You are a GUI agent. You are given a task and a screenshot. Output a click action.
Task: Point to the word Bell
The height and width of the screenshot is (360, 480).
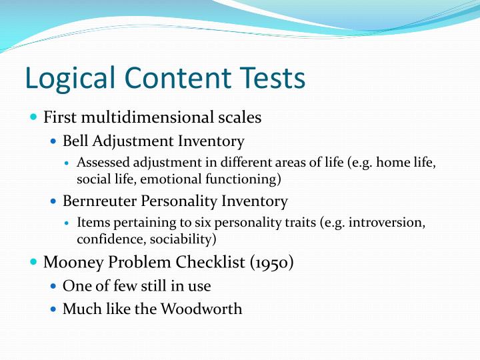[x=75, y=141]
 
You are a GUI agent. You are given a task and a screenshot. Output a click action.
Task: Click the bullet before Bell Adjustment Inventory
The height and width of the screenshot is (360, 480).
[x=55, y=141]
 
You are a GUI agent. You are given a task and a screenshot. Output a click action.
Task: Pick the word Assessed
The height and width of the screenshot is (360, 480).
[x=101, y=163]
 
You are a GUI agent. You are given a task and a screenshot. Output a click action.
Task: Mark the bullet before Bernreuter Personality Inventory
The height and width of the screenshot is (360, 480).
[x=55, y=201]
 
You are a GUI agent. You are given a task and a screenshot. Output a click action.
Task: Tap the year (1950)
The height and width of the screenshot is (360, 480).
[x=272, y=262]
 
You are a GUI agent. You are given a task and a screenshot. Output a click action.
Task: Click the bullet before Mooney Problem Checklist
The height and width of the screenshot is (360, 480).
[x=35, y=262]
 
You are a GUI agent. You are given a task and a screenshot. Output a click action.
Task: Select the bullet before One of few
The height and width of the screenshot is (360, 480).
[x=55, y=286]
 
